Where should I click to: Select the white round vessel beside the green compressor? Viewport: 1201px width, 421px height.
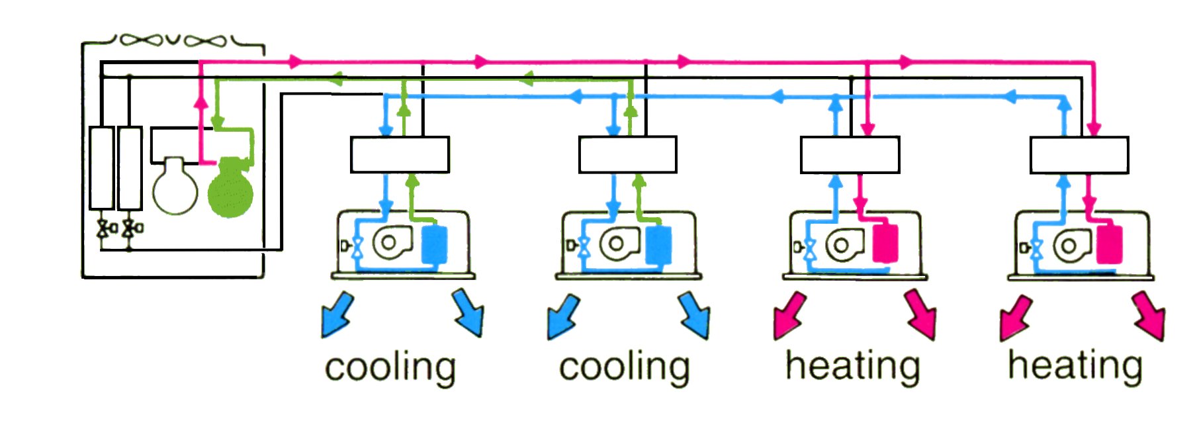point(175,187)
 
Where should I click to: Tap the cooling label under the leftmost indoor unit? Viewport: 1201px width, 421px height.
point(390,367)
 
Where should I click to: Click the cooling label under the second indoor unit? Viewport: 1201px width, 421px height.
point(624,367)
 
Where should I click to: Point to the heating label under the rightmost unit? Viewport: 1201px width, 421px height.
point(1075,365)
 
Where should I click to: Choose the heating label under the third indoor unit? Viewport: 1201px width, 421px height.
point(852,365)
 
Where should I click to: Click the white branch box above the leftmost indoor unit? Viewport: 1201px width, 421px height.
point(400,155)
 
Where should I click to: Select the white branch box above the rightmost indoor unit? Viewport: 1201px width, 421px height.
point(1079,156)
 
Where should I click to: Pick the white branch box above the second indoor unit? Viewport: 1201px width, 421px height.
point(627,155)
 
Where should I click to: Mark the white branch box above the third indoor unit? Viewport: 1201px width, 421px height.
point(850,155)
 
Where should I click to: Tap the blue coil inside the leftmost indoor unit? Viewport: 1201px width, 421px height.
point(434,245)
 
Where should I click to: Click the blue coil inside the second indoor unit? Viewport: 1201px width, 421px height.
point(658,245)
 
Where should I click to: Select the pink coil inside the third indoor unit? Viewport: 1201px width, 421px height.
point(885,244)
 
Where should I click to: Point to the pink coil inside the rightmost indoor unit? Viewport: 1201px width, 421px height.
point(1109,244)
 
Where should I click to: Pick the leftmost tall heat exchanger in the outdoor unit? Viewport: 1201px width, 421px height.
point(102,168)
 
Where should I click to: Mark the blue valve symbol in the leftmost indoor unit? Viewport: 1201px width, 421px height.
point(357,247)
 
